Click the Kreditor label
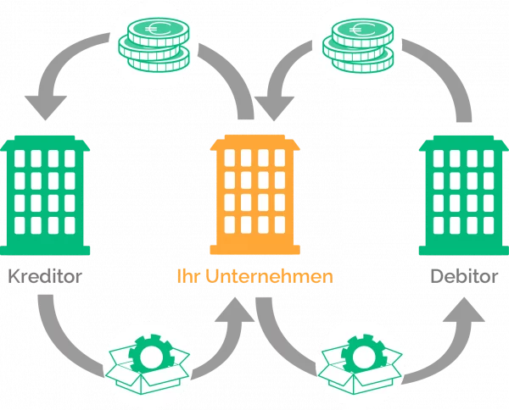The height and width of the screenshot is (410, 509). [45, 276]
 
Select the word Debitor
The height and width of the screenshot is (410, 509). [464, 276]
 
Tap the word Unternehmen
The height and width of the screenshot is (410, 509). [269, 276]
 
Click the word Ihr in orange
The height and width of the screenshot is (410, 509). [187, 276]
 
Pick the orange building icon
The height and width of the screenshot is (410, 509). [255, 195]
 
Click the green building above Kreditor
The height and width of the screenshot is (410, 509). [45, 195]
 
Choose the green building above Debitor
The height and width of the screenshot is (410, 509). [464, 195]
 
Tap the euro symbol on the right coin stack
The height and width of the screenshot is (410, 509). [361, 30]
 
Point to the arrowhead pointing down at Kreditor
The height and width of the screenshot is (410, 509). [46, 108]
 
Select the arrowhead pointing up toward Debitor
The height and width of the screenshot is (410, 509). [464, 310]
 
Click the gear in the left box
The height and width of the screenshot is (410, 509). [151, 354]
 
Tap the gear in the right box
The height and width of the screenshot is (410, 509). [365, 353]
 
